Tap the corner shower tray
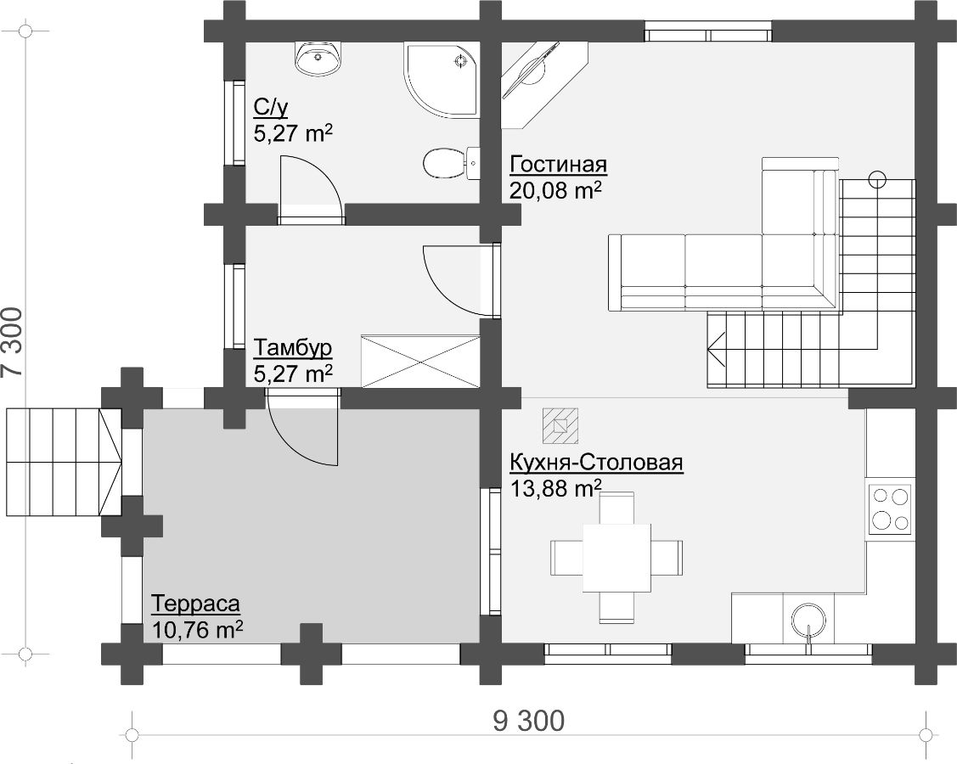[441, 79]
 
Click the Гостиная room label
[559, 165]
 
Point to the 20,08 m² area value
[556, 190]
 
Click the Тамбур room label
[293, 348]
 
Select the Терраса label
[195, 604]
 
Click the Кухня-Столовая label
[596, 463]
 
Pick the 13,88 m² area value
[556, 488]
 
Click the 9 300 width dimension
[528, 722]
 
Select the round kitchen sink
[809, 622]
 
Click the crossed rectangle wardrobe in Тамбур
[420, 361]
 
